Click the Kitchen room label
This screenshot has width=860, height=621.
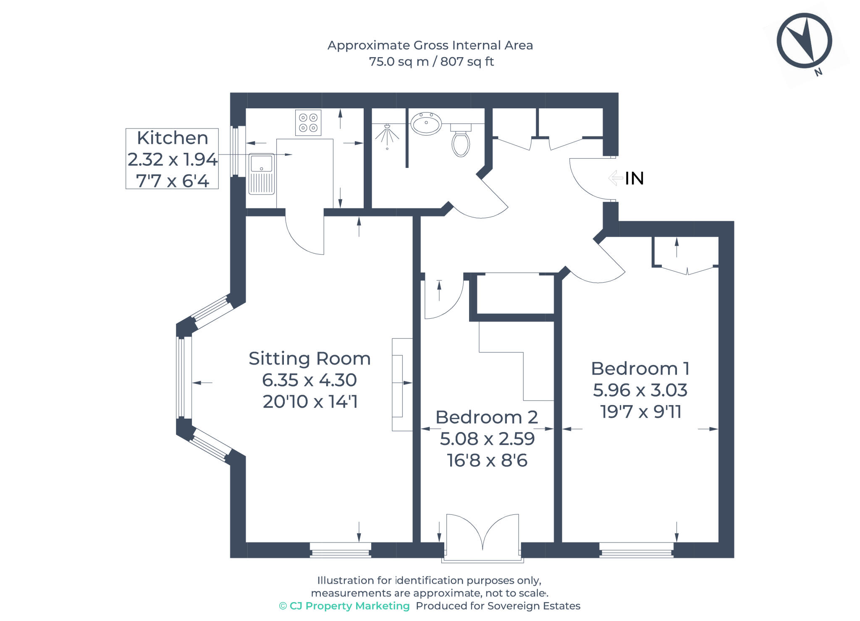tap(172, 138)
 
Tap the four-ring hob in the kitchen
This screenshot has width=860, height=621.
tap(308, 123)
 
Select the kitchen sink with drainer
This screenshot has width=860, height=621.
tap(261, 174)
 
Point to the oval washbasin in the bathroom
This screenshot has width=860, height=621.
tap(426, 123)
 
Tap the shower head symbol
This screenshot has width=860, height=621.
tap(387, 134)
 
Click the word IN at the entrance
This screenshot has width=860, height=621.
tap(634, 178)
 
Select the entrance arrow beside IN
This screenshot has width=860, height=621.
tap(616, 178)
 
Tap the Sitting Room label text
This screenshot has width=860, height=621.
tap(309, 359)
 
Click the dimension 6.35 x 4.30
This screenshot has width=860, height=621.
tap(309, 380)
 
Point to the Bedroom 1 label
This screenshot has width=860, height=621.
tap(640, 369)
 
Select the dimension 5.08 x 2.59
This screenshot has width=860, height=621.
tap(487, 439)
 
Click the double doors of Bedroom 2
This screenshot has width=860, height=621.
tap(482, 533)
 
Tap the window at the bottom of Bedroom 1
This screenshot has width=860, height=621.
tap(636, 550)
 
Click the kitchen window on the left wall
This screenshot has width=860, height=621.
tap(236, 151)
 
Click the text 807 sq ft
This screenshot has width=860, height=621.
tap(467, 62)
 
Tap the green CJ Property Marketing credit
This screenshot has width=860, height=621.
tap(344, 606)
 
